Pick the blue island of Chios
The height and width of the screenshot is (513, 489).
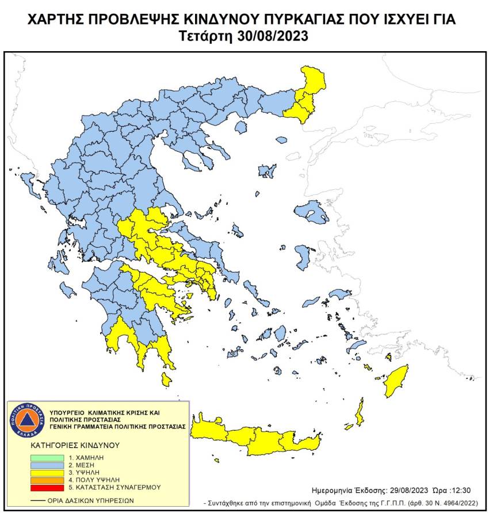(x=303, y=255)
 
